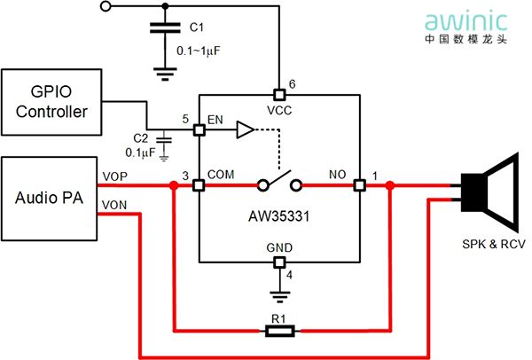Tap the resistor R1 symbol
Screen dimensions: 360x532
pyautogui.click(x=281, y=332)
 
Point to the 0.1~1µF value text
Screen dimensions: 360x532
pyautogui.click(x=198, y=51)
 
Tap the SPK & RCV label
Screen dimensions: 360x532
pyautogui.click(x=492, y=244)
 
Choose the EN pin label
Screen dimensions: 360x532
pyautogui.click(x=215, y=119)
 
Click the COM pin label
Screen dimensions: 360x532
pyautogui.click(x=221, y=176)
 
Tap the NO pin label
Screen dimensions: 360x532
pyautogui.click(x=338, y=176)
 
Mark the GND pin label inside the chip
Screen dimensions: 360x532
pyautogui.click(x=279, y=247)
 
